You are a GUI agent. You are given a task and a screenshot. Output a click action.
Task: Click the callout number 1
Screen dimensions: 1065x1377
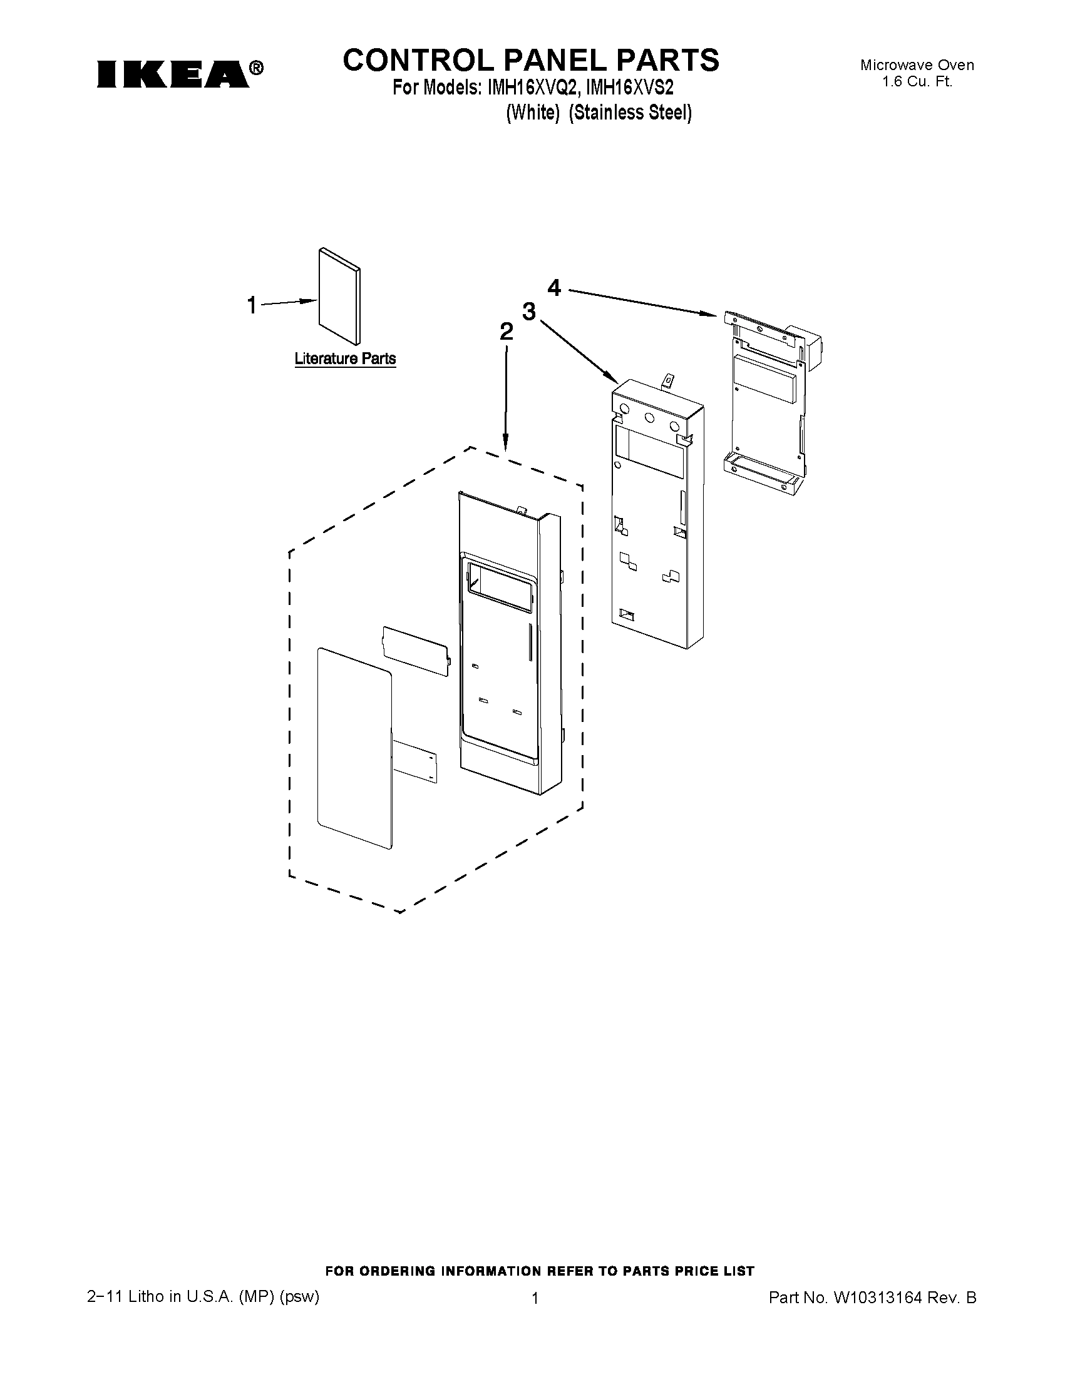[x=252, y=306]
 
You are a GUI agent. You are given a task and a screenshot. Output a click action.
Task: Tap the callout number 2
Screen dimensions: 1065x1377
[x=506, y=332]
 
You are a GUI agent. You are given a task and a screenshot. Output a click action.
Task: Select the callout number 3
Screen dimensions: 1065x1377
[x=528, y=311]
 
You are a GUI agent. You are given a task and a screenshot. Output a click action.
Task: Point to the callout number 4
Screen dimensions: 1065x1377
[x=554, y=288]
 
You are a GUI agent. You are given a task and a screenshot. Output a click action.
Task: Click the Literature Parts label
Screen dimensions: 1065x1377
[x=345, y=358]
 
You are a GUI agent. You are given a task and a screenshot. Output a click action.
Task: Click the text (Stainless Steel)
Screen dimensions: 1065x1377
[x=630, y=113]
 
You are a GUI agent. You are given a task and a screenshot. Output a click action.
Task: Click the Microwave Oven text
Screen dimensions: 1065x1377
[x=917, y=65]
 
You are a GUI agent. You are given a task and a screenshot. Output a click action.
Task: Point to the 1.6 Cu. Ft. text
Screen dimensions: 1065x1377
[x=917, y=81]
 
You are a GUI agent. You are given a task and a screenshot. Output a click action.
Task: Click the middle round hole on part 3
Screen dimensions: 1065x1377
[x=648, y=417]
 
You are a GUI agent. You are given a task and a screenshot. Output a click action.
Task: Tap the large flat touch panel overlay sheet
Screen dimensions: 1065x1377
[x=354, y=747]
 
